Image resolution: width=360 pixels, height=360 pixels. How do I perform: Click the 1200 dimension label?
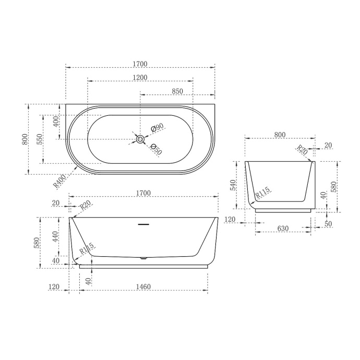coord(140,77)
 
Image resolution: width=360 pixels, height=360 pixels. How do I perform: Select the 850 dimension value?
coord(177,91)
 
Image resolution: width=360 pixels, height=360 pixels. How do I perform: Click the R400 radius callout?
coord(59,181)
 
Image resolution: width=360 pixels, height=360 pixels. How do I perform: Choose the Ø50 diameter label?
coord(156,149)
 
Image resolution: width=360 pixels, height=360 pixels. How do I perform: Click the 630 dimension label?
coord(282,229)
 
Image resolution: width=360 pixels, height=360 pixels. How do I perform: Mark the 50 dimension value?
coord(328,224)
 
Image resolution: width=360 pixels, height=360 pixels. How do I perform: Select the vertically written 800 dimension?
coord(24,139)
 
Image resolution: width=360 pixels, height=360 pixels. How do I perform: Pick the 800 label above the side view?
coord(280,135)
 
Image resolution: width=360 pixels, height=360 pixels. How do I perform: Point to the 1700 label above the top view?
coord(140,64)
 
